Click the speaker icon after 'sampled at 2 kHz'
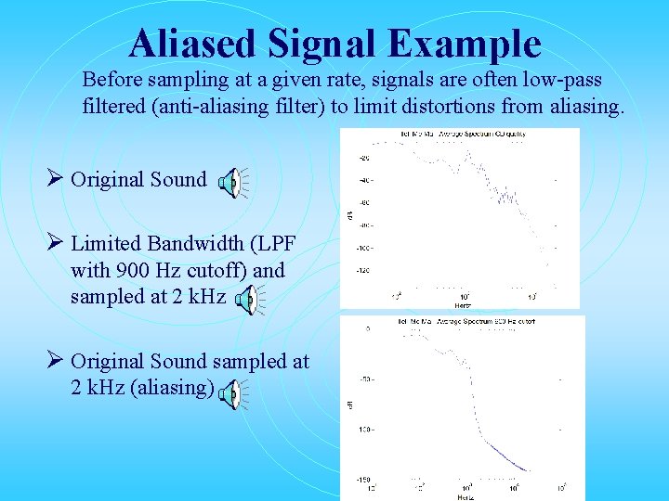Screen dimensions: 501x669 (x=248, y=301)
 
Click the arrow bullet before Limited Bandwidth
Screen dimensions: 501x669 (x=56, y=244)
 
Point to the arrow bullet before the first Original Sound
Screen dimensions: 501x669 (x=56, y=179)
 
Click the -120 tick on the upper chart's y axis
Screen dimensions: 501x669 (x=361, y=271)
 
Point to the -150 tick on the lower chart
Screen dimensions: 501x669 (x=361, y=480)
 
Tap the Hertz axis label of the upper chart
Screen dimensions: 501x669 (x=462, y=303)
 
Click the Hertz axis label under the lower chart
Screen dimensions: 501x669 (x=464, y=496)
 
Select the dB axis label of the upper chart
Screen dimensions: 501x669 (x=349, y=214)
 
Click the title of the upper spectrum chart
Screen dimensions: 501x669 (x=462, y=133)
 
